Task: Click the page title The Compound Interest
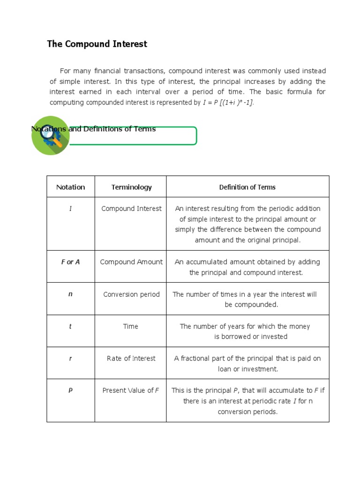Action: tap(97, 44)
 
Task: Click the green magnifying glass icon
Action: tap(51, 135)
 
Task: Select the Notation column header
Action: tap(70, 187)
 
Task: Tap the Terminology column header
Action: tap(131, 187)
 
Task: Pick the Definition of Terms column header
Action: tap(247, 187)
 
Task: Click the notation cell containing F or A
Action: tap(70, 262)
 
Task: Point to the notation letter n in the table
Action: tap(70, 294)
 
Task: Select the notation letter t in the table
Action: tap(70, 326)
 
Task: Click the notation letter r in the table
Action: tap(70, 358)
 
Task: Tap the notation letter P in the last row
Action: tap(70, 390)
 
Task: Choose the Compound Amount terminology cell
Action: tap(131, 262)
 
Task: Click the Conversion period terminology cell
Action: tap(131, 294)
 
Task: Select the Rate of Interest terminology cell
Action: tap(131, 358)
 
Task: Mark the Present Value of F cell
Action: tap(131, 390)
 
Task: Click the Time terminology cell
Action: tap(131, 326)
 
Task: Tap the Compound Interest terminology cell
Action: tap(131, 209)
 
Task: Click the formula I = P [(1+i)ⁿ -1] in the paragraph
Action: tap(228, 102)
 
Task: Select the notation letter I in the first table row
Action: tap(70, 209)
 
